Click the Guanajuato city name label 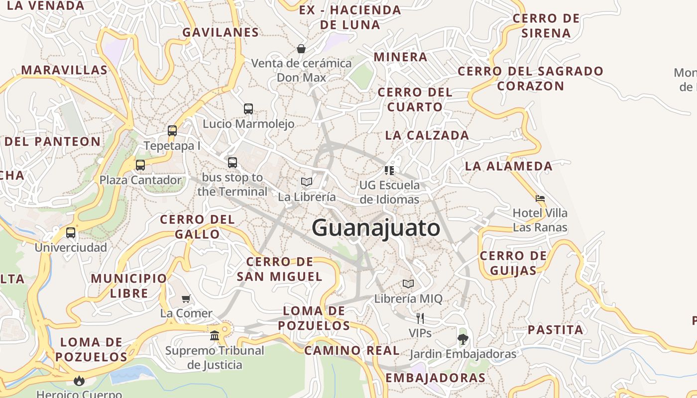tap(376, 228)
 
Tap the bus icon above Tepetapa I tap(172, 131)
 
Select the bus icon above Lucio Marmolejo tap(248, 109)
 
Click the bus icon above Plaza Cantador tap(140, 165)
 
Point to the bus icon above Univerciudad tap(71, 233)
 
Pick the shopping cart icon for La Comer tap(186, 298)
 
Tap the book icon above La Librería tap(307, 182)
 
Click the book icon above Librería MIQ tap(408, 284)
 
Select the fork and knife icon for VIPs tap(420, 318)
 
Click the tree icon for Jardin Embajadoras tap(463, 339)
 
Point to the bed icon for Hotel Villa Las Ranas tap(540, 199)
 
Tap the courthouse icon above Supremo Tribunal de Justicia tap(215, 336)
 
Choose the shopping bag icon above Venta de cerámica tap(301, 49)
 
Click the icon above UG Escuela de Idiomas tap(389, 171)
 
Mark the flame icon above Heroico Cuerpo tap(79, 381)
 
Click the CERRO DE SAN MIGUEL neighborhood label tap(279, 269)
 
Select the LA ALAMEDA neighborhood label tap(508, 166)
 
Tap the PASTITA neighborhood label tap(555, 330)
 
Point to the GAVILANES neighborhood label tap(221, 33)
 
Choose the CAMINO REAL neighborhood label tap(351, 351)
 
